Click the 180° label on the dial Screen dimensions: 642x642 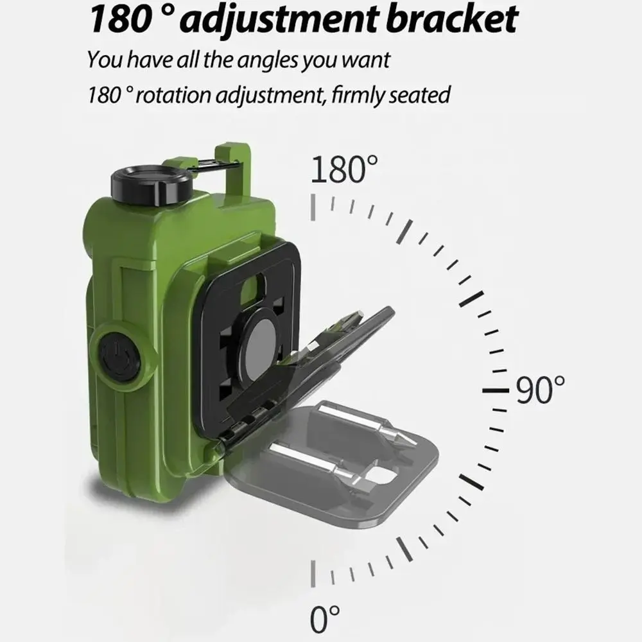[344, 169]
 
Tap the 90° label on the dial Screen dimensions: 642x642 [540, 390]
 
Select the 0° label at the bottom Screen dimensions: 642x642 [325, 620]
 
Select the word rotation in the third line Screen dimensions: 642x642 [173, 95]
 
